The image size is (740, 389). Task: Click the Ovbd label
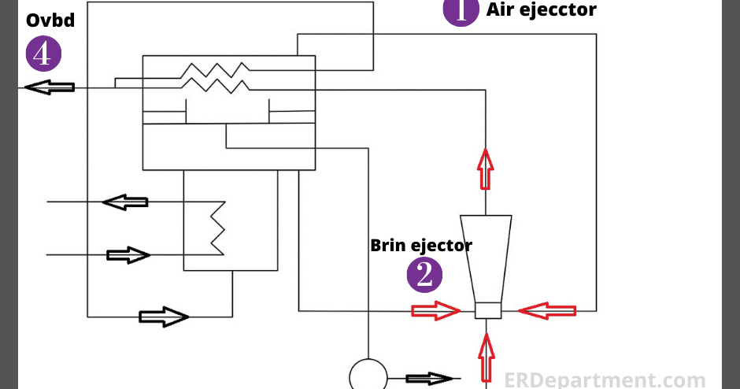pos(50,20)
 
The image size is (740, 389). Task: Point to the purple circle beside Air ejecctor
pos(461,11)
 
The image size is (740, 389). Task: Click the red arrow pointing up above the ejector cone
pos(486,169)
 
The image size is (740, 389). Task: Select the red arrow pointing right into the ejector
pos(435,312)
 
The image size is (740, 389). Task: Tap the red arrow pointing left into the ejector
pos(547,312)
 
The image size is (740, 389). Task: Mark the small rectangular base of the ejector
pos(488,311)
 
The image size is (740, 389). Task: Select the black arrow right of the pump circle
pos(429,379)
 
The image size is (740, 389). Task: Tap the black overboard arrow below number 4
pos(50,87)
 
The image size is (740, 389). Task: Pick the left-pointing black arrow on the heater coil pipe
pos(125,202)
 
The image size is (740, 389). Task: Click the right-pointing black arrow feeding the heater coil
pos(128,255)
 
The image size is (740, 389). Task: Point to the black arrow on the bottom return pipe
pos(164,317)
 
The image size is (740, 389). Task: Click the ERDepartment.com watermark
pos(604,380)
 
